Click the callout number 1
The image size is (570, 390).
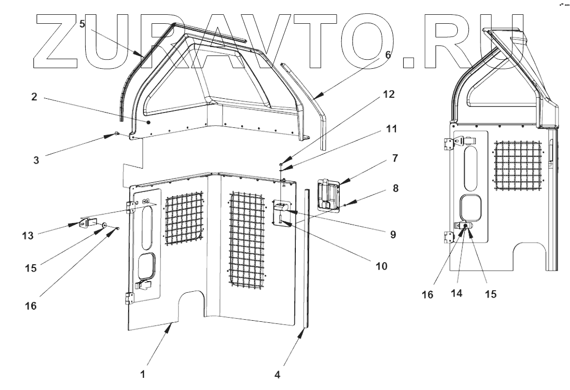142,375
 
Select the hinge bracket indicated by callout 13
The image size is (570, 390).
87,223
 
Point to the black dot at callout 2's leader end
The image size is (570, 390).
149,122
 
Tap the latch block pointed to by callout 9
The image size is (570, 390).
283,207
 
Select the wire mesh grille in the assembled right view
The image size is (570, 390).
518,163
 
